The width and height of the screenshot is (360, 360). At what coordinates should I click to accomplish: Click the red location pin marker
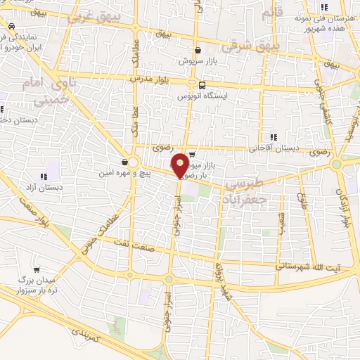click(180, 165)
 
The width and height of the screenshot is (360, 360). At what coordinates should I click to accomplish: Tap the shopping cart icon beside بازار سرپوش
click(198, 51)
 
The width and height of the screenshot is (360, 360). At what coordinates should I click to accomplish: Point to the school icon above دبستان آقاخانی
click(273, 137)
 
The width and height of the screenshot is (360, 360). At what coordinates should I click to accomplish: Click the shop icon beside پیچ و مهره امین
click(124, 162)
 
